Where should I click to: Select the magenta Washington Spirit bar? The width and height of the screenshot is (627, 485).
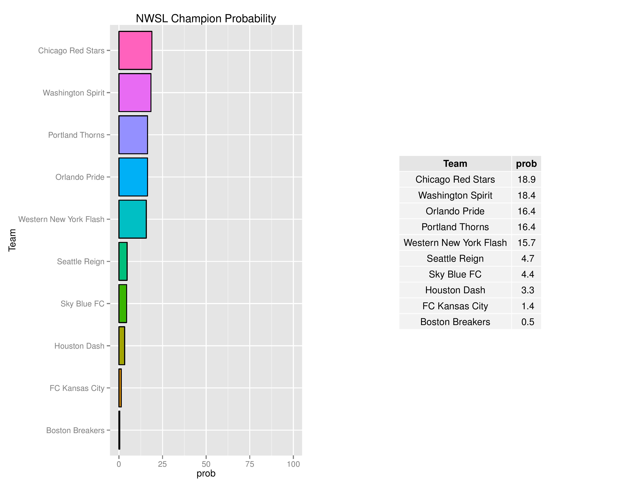[135, 92]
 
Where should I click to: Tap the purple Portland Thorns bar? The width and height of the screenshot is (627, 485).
[133, 135]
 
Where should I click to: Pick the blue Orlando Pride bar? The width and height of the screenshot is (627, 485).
[133, 177]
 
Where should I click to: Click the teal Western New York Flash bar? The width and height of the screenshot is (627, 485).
[132, 219]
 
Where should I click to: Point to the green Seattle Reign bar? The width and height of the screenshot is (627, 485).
[123, 262]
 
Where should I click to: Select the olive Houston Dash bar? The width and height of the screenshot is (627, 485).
[122, 346]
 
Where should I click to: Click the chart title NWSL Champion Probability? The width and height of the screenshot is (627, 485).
[206, 18]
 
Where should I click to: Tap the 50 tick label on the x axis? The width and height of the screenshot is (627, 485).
[206, 464]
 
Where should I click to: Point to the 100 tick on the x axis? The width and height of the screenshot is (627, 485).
[293, 464]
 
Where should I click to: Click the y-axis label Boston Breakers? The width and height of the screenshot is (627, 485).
[75, 430]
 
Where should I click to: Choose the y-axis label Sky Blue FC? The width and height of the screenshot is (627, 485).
[82, 304]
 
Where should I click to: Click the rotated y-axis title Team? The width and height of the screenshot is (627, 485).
[12, 240]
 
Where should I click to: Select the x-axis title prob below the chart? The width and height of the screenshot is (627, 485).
[206, 474]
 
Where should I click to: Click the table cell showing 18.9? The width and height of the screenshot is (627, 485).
[526, 179]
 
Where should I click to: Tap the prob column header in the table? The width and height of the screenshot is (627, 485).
[526, 164]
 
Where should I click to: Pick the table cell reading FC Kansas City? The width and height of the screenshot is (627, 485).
[455, 306]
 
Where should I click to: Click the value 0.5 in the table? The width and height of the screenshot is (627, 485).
[527, 322]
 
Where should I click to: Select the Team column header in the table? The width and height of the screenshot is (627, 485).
[455, 164]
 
